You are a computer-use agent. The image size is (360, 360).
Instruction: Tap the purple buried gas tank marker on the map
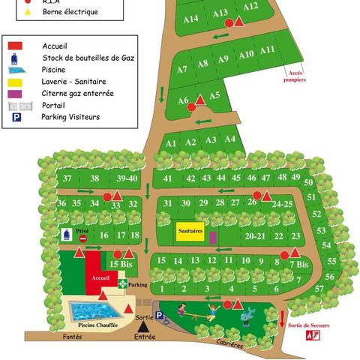point(213,237)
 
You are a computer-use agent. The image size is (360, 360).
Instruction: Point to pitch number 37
point(67,178)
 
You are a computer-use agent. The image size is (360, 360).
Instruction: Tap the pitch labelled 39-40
point(127,178)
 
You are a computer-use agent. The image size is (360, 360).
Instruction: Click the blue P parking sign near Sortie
point(159,316)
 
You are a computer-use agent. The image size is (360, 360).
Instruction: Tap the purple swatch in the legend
point(15,94)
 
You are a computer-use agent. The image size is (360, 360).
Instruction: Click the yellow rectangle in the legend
point(15,82)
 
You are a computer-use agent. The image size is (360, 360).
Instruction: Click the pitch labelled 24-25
point(281,203)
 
